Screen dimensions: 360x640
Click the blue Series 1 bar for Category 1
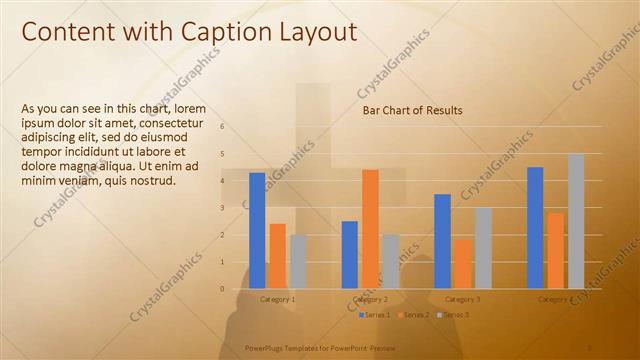coord(257,231)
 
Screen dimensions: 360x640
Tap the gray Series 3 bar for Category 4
coord(576,221)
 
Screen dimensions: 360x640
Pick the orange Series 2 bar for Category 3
coord(463,264)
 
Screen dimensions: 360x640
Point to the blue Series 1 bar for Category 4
coord(535,228)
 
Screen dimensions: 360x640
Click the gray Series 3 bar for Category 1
coord(298,262)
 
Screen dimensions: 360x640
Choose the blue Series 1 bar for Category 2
coord(349,255)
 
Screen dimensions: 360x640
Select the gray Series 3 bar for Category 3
coord(483,248)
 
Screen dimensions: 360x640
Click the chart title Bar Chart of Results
coord(412,110)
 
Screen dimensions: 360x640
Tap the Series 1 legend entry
coord(375,315)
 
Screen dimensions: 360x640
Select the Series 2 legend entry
coord(412,315)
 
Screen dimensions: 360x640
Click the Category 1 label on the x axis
coord(277,299)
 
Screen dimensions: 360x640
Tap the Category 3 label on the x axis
coord(463,299)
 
